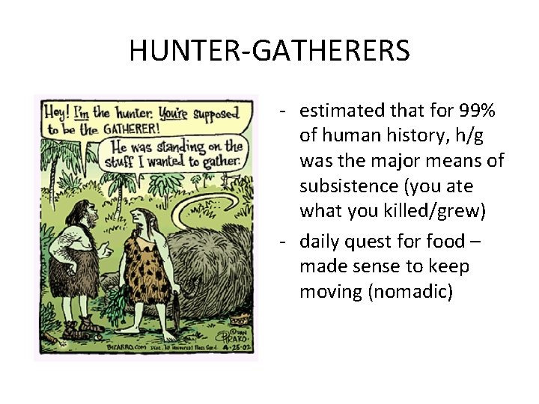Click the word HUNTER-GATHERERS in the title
pos(269,51)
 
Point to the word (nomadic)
pos(376,291)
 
